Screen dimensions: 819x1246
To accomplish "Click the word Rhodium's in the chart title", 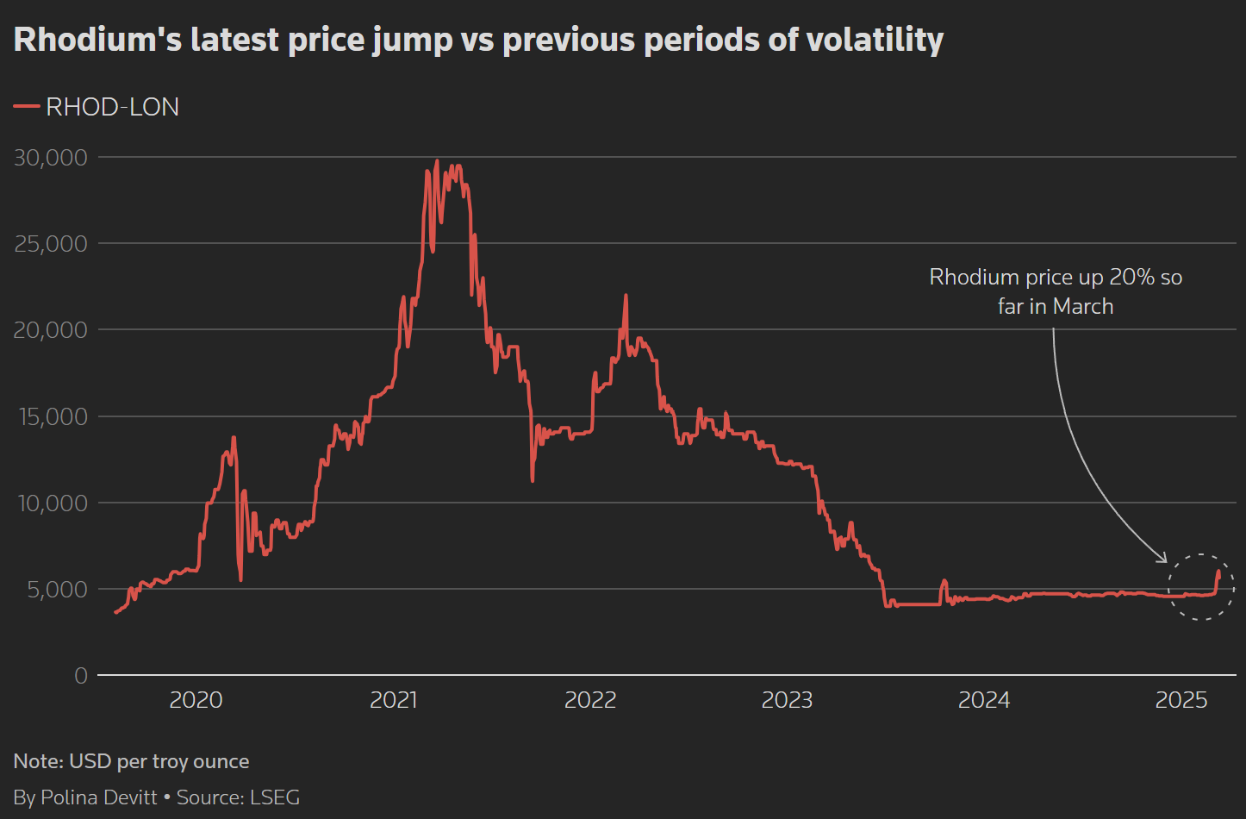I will pos(97,40).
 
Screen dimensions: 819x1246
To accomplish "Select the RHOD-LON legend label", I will pos(112,107).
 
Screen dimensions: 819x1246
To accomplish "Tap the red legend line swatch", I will pos(27,107).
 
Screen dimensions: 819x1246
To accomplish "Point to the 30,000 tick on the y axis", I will pos(51,157).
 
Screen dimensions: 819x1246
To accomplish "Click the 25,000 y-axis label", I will pos(51,243).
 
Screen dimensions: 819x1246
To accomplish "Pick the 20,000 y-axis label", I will pos(51,329).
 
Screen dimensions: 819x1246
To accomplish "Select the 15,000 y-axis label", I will pos(51,416).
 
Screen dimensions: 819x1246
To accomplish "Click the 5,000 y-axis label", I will pos(58,589).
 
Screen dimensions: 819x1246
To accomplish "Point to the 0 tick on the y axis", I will pos(81,676).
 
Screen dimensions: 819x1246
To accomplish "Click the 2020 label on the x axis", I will pos(196,700).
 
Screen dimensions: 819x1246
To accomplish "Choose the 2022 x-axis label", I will pos(590,700).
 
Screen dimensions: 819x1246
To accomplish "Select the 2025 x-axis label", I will pos(1181,700).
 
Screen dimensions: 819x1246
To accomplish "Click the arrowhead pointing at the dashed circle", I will pos(1162,559).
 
